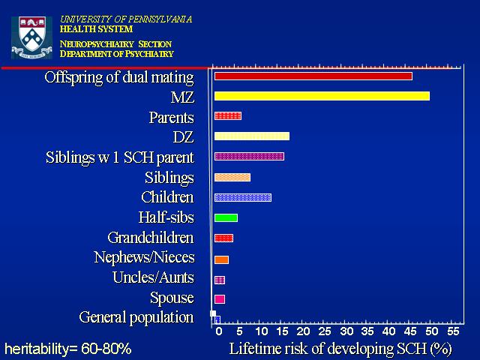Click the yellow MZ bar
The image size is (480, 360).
[322, 96]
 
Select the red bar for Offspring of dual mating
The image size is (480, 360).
[313, 76]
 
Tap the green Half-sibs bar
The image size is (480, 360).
[226, 217]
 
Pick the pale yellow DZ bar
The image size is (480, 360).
[252, 136]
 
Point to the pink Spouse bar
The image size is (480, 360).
[220, 299]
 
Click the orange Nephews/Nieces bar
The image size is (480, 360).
[221, 259]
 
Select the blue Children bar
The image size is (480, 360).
[243, 197]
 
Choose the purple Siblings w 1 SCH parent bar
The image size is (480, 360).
[249, 157]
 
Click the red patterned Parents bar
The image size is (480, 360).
[228, 115]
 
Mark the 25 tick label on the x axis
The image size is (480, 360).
[325, 331]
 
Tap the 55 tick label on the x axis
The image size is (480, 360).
[453, 331]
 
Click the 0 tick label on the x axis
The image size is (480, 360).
[218, 331]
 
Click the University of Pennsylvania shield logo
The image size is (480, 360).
[31, 37]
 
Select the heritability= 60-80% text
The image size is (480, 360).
[68, 349]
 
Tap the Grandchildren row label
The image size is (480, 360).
[151, 238]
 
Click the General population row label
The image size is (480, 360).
[136, 317]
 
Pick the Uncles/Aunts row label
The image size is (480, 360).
[153, 277]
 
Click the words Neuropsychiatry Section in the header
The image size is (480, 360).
[115, 44]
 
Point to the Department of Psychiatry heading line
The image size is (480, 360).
[117, 54]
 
